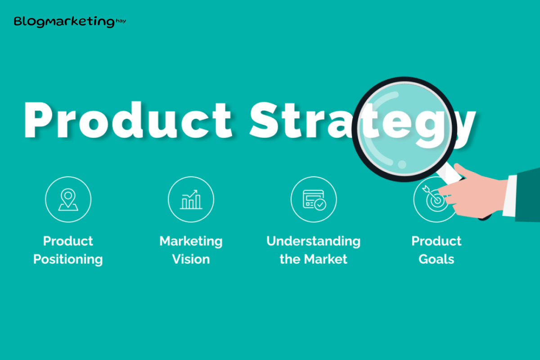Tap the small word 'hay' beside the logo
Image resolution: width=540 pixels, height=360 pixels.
click(x=121, y=21)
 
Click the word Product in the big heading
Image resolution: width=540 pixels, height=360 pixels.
click(x=128, y=120)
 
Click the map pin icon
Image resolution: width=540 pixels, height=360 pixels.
click(x=68, y=199)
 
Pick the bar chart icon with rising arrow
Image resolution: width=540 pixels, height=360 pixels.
click(x=191, y=199)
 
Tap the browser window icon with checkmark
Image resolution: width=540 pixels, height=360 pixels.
click(x=315, y=200)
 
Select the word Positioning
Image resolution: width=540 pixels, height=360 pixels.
click(x=68, y=260)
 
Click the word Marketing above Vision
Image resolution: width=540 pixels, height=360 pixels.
click(x=191, y=241)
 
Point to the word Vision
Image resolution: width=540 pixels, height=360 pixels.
click(x=191, y=259)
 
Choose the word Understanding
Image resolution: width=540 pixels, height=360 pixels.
click(x=313, y=241)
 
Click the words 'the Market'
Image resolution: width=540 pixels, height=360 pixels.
click(x=313, y=259)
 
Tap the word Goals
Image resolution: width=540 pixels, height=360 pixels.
click(x=436, y=259)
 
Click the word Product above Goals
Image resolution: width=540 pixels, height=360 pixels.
click(x=436, y=241)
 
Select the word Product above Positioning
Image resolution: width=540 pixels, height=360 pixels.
click(x=68, y=241)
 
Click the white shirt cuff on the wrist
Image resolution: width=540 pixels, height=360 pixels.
click(x=509, y=196)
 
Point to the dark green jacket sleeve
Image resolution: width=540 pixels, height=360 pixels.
click(x=528, y=195)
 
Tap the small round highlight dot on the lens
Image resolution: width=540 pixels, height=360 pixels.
click(x=402, y=164)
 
